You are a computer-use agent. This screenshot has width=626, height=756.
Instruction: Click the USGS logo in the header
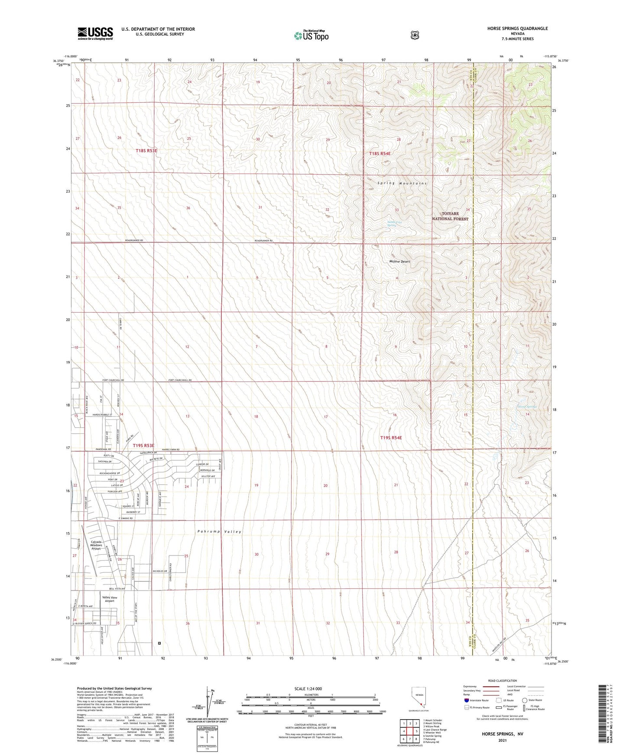click(95, 33)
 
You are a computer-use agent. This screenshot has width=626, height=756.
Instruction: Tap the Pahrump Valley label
click(219, 532)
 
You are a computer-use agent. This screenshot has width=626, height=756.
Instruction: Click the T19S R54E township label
click(391, 438)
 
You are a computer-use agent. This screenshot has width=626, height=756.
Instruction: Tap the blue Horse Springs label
click(527, 407)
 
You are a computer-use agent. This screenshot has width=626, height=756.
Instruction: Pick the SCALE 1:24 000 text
click(308, 688)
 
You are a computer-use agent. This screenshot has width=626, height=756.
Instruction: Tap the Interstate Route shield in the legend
click(466, 700)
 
